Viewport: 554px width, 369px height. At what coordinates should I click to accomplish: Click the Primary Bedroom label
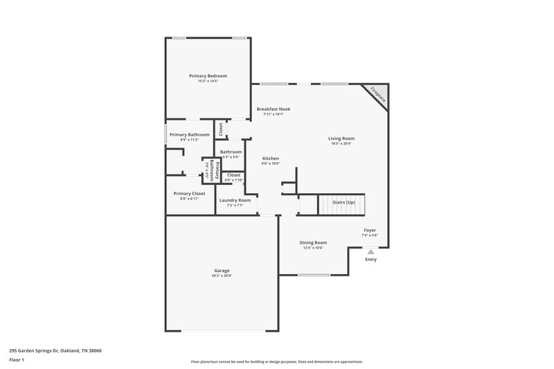208,75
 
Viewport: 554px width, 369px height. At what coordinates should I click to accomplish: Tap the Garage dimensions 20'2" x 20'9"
222,276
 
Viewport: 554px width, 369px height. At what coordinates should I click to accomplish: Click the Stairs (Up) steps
341,205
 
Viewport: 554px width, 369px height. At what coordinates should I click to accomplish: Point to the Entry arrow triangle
371,252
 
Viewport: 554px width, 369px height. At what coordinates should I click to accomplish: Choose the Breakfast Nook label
274,109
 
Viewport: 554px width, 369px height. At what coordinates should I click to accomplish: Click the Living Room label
341,138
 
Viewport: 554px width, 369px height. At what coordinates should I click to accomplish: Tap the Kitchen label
271,159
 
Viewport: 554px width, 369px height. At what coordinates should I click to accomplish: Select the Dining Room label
313,242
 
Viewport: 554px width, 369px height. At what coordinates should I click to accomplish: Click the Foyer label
370,230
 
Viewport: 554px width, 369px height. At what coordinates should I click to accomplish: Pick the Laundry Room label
235,200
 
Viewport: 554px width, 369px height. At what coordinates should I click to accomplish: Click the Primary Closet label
189,193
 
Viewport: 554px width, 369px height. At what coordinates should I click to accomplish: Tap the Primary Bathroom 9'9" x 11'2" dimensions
189,140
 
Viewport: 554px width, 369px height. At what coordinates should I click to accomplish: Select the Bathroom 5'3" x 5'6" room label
231,152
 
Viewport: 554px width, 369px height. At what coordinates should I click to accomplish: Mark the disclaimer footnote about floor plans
277,361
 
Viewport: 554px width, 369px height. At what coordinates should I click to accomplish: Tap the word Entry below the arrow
371,260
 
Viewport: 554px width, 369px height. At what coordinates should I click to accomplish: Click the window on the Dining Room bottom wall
314,275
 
